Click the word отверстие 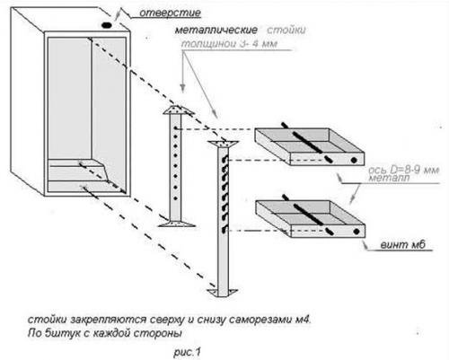click(170, 13)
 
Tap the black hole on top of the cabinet click(107, 25)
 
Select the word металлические click(216, 31)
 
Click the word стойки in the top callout click(286, 31)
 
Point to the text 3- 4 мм click(259, 44)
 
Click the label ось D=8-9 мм click(404, 171)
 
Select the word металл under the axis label click(389, 178)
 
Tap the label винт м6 click(403, 245)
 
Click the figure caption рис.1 click(187, 352)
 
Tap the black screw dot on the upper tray click(354, 160)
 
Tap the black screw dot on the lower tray click(356, 232)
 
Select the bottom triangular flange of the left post click(177, 224)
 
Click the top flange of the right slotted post click(224, 144)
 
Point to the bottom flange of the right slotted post click(223, 293)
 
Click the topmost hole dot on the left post click(176, 128)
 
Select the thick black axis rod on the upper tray click(307, 143)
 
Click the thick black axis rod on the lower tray click(308, 215)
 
